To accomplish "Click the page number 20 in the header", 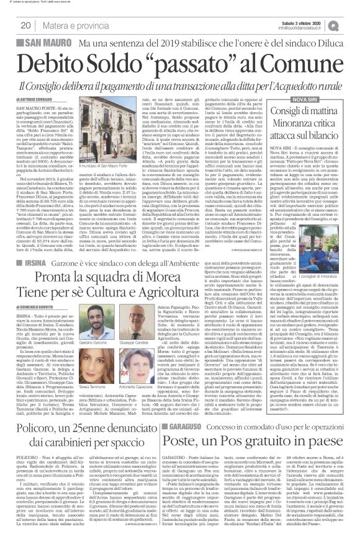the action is (27, 25).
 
